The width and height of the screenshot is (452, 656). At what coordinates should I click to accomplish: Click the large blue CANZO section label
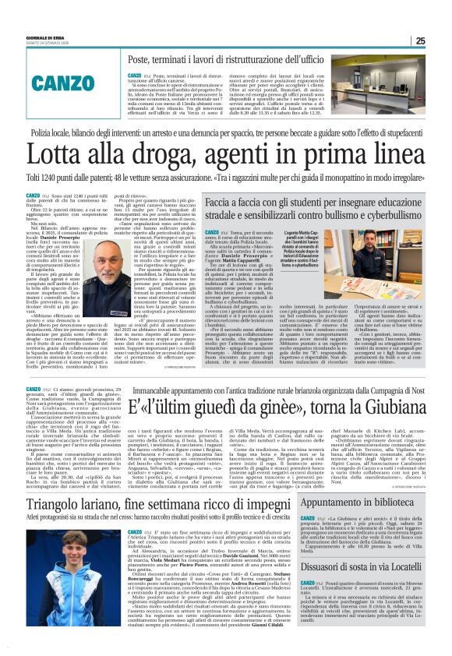pyautogui.click(x=75, y=81)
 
